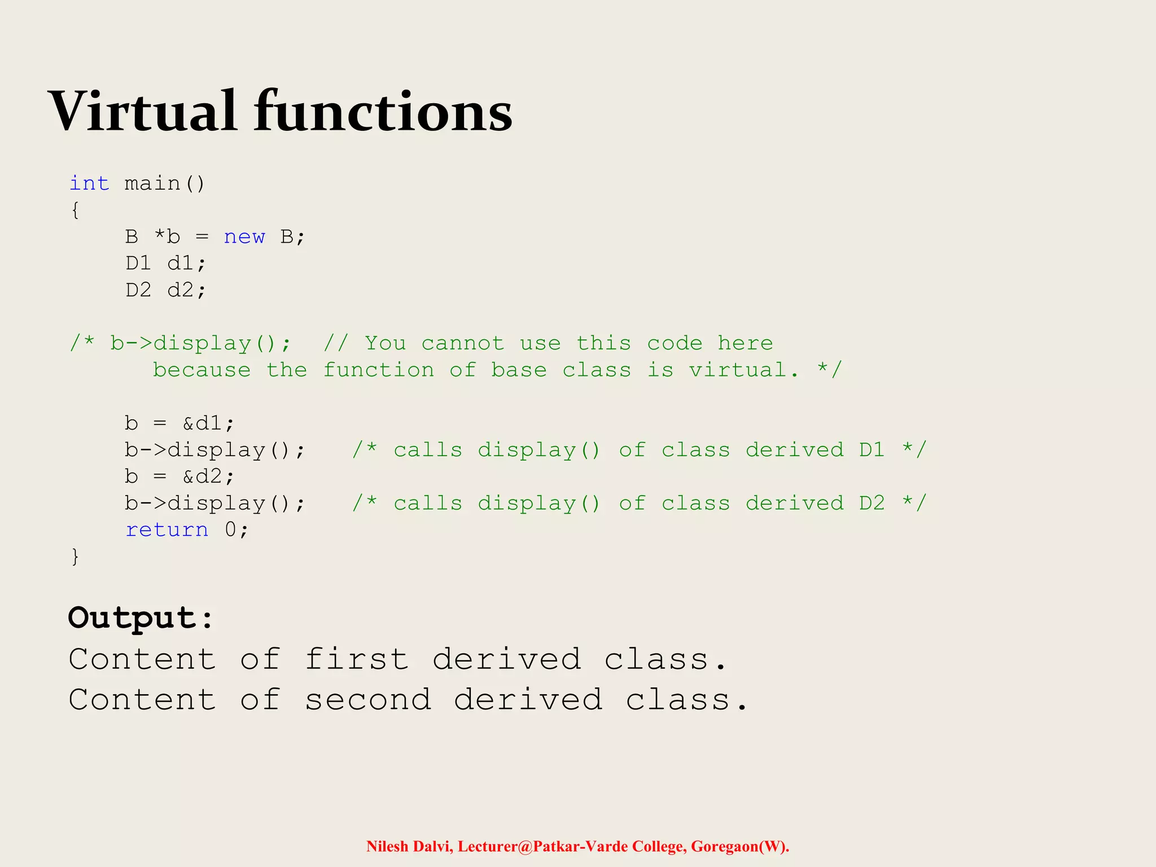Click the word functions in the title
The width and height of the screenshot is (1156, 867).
383,111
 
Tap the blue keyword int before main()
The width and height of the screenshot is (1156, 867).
89,183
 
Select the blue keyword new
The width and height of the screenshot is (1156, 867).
244,237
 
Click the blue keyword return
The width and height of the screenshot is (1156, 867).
167,529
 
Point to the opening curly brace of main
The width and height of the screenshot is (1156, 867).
75,210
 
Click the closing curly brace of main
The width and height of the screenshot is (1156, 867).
75,557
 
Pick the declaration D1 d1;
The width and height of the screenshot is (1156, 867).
165,263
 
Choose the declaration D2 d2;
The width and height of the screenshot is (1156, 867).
165,290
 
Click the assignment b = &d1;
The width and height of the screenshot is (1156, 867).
179,423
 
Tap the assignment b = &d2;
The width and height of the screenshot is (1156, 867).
179,476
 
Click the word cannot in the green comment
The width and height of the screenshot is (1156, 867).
462,343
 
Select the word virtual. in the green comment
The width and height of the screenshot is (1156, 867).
743,370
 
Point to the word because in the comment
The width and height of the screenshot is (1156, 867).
202,370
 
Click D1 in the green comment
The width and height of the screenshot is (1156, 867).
872,450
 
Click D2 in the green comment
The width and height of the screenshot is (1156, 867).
872,503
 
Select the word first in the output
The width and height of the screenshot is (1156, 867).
357,659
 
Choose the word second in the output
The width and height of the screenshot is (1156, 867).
368,700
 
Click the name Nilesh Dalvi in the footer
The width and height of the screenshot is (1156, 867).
409,847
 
